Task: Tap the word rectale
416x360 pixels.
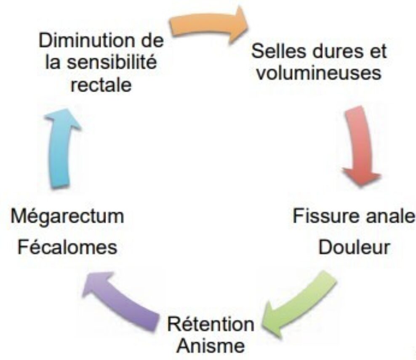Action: click(x=101, y=85)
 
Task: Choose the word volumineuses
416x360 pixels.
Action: click(x=319, y=74)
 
